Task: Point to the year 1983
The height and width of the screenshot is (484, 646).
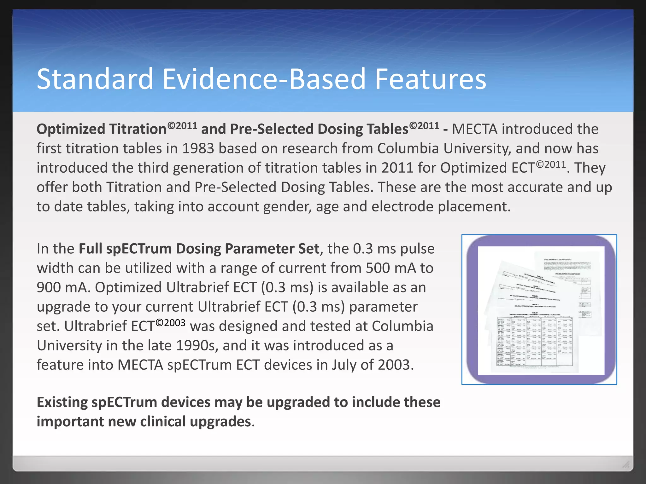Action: pos(198,148)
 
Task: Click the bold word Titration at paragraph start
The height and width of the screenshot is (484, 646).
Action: pos(138,129)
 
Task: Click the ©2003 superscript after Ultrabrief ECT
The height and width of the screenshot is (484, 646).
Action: pos(170,323)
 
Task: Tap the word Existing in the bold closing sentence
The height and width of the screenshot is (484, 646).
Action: pos(62,402)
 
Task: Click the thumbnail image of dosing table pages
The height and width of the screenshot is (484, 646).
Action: pos(539,309)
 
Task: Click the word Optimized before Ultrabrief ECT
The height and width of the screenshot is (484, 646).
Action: pos(128,288)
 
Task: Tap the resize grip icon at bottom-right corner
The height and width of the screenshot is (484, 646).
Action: pos(625,464)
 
